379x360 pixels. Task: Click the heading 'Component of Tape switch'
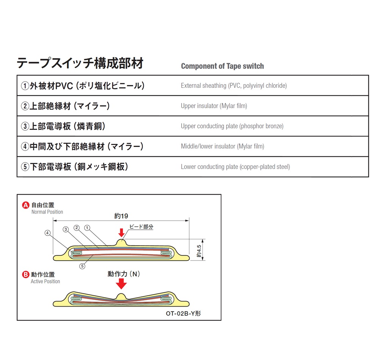[222, 66]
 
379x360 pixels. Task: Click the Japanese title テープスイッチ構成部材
[80, 63]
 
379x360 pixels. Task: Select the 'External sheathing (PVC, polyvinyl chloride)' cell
[233, 86]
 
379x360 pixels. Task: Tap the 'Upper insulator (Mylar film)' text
[214, 106]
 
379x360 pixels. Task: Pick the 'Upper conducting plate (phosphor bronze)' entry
[232, 126]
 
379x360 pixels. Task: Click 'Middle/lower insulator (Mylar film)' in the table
[222, 146]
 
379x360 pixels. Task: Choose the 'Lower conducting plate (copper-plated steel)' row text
[235, 167]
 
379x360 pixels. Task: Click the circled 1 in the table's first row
[25, 86]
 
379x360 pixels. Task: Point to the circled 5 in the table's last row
[25, 167]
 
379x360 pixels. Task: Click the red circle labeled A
[26, 205]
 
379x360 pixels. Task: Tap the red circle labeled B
[26, 274]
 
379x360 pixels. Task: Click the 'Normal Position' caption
[47, 212]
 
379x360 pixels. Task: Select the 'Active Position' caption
[45, 281]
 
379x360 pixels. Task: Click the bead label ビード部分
[141, 227]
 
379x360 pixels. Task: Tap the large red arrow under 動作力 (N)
[121, 284]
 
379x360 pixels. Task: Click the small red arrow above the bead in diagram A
[121, 232]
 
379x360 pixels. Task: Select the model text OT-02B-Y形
[183, 313]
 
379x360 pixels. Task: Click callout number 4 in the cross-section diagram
[47, 233]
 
